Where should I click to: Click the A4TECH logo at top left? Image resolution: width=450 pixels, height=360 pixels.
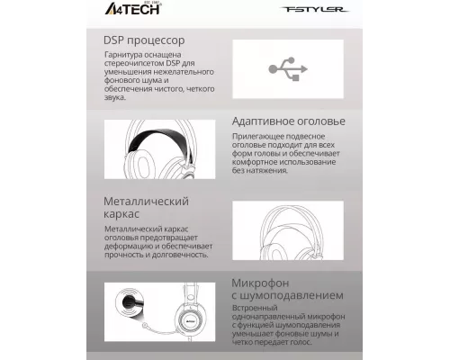[x=120, y=11]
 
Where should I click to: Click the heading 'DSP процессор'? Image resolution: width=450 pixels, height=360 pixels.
[x=144, y=40]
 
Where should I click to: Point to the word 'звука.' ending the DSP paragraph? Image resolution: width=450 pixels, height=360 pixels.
[x=116, y=99]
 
